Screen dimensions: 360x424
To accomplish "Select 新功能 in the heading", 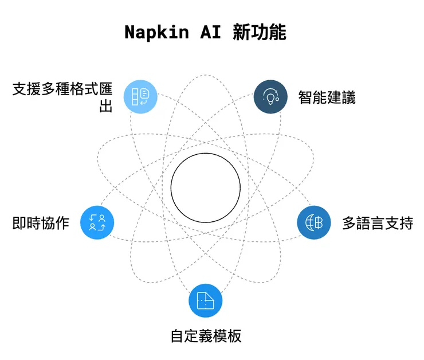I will [x=259, y=32].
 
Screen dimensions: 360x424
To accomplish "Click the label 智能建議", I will [x=327, y=97].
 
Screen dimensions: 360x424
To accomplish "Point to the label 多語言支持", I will [x=377, y=223].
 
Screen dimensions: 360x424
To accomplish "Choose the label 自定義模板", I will [x=206, y=335].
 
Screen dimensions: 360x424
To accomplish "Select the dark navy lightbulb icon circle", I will [x=270, y=96].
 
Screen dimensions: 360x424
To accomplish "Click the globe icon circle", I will [x=314, y=222].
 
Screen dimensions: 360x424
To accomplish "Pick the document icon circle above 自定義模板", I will [x=205, y=300].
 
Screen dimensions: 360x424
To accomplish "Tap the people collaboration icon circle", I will [x=97, y=222].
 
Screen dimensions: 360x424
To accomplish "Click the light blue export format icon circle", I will [x=140, y=96].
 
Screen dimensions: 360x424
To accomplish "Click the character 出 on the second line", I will [x=106, y=106].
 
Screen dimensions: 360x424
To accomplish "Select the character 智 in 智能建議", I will [x=305, y=97].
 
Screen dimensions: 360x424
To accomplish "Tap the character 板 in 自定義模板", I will [x=234, y=335].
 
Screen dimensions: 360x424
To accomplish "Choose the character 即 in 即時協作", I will [x=19, y=222].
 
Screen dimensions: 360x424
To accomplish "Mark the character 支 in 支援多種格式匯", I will [x=19, y=90].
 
